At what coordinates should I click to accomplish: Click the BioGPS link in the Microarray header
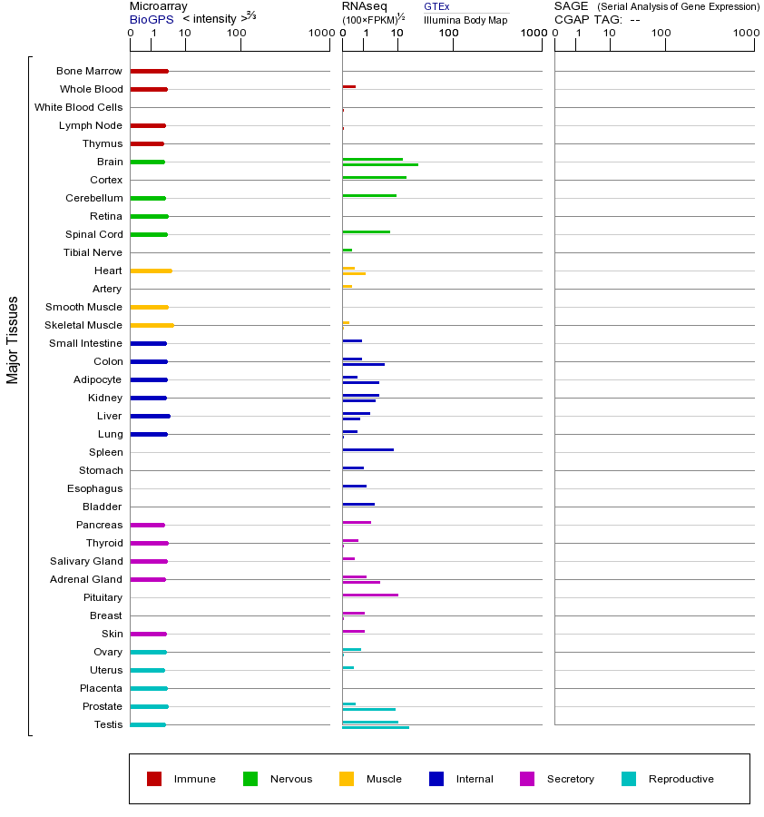click(x=148, y=19)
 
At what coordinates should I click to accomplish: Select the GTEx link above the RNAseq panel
click(x=436, y=7)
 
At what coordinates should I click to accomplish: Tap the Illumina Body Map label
click(x=465, y=20)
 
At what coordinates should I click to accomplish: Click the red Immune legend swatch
click(x=154, y=779)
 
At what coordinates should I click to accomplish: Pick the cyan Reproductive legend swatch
click(x=629, y=779)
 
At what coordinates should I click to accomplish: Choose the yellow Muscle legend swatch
click(x=347, y=779)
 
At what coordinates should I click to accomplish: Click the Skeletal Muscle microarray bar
click(x=152, y=325)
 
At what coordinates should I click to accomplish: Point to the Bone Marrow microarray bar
click(x=149, y=71)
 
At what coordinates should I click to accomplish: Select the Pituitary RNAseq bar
click(x=370, y=595)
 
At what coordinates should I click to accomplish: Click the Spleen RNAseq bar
click(x=367, y=449)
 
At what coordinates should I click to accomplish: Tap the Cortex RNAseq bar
click(x=374, y=177)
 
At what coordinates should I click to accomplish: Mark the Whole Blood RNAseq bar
click(x=348, y=86)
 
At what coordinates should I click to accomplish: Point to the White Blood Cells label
click(x=78, y=107)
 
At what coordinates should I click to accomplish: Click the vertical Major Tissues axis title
click(x=13, y=340)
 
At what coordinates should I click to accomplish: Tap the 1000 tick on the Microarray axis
click(x=319, y=34)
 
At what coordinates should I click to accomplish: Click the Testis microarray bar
click(x=148, y=724)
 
